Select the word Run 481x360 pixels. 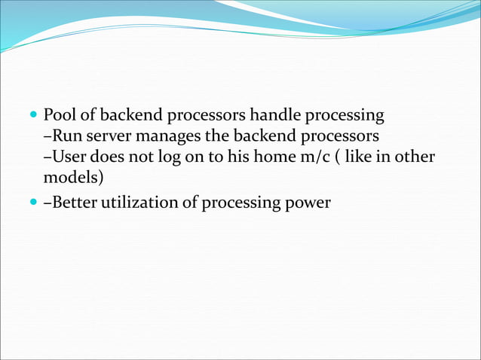[66, 137]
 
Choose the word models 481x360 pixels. [72, 179]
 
